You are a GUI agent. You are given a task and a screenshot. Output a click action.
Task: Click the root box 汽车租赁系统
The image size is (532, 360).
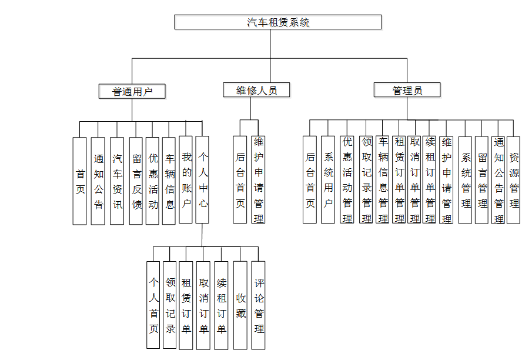point(278,22)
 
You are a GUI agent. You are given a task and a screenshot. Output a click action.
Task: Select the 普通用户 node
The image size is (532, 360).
point(132,91)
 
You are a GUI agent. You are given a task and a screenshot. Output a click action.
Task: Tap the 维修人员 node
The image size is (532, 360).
point(257,90)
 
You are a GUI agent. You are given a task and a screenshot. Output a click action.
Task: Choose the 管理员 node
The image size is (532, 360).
point(407,90)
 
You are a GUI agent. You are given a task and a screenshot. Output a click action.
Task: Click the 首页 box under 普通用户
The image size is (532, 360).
point(80,181)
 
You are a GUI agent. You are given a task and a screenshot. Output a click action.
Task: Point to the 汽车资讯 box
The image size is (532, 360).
point(118,181)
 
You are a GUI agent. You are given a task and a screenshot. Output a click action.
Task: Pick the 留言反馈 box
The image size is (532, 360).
point(136,181)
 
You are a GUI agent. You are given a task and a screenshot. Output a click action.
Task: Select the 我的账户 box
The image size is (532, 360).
point(186,179)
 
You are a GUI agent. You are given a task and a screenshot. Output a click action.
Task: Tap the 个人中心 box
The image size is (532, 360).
point(202,179)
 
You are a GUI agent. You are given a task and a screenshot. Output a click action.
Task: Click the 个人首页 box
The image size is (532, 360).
point(153,305)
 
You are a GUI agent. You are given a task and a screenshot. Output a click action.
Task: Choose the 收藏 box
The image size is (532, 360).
point(240,305)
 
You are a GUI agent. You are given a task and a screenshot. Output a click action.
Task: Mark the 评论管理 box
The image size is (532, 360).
point(259,305)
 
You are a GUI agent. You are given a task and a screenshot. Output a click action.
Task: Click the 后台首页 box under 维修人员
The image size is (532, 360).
point(240,179)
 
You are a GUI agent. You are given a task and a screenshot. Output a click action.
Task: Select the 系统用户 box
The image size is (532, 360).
point(328,179)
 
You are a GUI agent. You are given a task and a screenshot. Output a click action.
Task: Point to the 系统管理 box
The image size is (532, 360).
point(466,179)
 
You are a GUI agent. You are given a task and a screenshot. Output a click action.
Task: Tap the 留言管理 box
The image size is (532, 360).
point(482,179)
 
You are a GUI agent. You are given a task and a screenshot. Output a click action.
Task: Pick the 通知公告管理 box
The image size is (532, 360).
point(498,179)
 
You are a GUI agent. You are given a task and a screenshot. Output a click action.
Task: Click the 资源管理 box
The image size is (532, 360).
point(514,179)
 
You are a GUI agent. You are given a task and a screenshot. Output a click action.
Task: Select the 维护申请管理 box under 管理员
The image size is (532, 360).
point(446,179)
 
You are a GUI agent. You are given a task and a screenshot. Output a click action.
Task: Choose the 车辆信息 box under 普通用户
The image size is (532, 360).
point(169,181)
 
